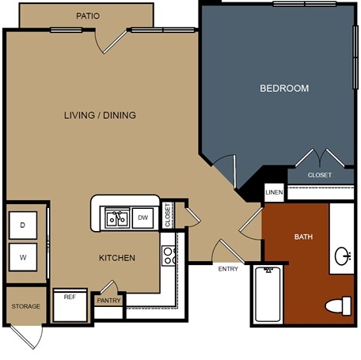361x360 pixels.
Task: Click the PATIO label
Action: (88, 16)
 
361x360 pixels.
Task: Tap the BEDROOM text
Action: (284, 88)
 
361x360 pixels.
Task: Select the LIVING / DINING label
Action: (100, 115)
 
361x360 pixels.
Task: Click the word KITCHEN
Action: (117, 258)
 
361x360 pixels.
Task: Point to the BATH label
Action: (303, 237)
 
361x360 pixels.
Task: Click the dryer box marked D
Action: (23, 225)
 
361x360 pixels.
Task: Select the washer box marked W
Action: (23, 257)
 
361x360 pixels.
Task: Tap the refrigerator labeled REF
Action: (70, 305)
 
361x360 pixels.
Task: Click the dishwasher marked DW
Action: (142, 218)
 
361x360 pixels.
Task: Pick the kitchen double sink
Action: (117, 218)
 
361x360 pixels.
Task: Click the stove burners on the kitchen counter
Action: (169, 256)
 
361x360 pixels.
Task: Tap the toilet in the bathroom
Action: (339, 306)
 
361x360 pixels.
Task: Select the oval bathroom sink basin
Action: (343, 256)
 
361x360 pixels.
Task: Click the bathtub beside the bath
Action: (268, 294)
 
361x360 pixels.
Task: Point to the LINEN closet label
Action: (274, 192)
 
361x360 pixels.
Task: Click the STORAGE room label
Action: (26, 306)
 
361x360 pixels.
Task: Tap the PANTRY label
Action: (108, 301)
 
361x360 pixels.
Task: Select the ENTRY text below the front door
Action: (228, 269)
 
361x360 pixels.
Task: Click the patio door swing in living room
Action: (111, 42)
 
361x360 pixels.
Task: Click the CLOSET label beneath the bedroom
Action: (320, 175)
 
